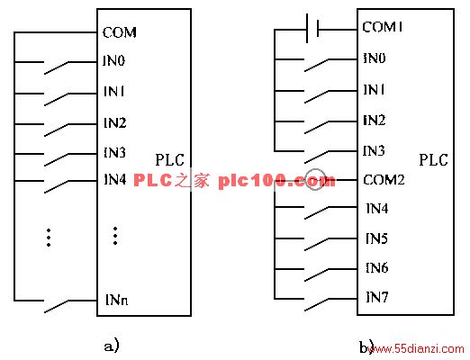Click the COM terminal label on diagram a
[x=120, y=32]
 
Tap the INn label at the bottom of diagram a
[x=117, y=300]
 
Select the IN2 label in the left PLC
[x=114, y=122]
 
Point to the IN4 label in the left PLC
[x=114, y=179]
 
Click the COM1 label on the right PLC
[x=383, y=27]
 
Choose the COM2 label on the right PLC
[x=384, y=180]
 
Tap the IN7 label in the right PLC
[x=377, y=297]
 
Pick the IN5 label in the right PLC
[x=376, y=238]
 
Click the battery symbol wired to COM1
[x=312, y=29]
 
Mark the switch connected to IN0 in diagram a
[x=56, y=67]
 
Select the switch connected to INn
[x=56, y=306]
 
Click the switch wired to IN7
[x=316, y=304]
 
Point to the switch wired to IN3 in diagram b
[x=316, y=157]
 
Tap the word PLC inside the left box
[x=169, y=160]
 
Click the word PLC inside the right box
[x=433, y=160]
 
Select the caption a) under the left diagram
[x=112, y=346]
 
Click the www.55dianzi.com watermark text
[x=418, y=349]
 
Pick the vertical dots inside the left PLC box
[x=115, y=236]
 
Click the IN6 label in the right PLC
[x=377, y=267]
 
